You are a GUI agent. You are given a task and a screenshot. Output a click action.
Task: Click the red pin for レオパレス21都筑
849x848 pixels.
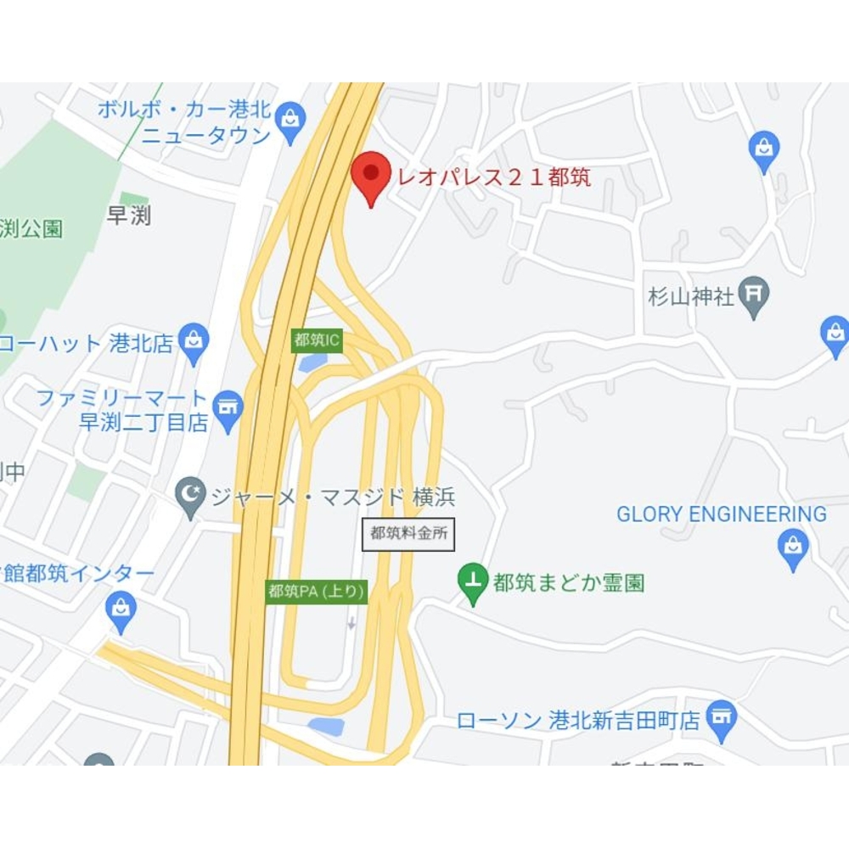(371, 174)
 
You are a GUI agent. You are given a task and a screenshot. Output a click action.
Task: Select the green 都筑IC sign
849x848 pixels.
(318, 340)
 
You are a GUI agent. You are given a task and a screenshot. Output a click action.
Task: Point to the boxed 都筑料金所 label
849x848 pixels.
(408, 534)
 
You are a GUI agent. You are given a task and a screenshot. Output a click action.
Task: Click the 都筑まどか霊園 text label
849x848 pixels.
(569, 583)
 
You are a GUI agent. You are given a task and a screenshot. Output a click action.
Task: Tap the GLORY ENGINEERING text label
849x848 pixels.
(722, 514)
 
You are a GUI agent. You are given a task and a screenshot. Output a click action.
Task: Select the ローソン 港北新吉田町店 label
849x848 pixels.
(579, 721)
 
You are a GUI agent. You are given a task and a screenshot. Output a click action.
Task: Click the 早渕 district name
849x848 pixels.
(129, 216)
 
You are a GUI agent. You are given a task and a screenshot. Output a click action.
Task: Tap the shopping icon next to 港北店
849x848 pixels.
(194, 342)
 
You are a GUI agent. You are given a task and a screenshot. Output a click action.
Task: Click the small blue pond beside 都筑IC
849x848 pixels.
(313, 363)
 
